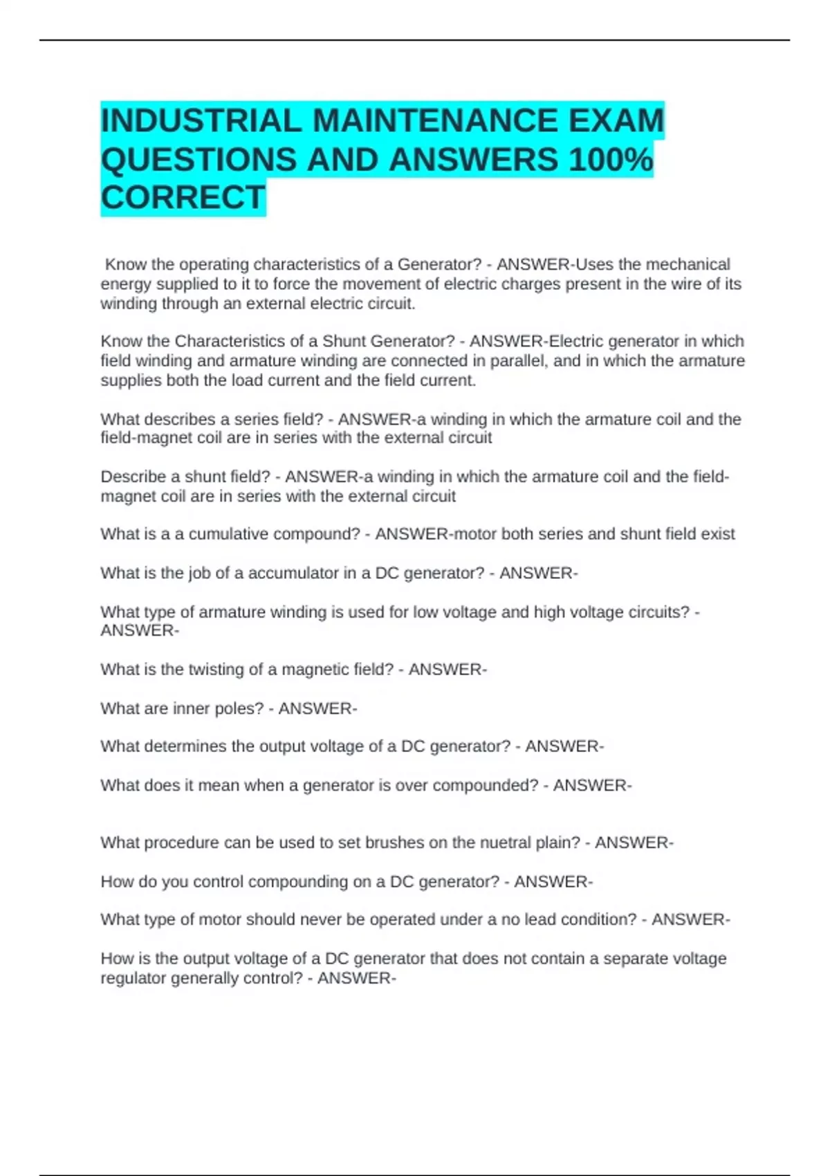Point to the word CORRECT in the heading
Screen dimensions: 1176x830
coord(183,198)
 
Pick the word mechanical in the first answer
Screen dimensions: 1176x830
coord(688,264)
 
